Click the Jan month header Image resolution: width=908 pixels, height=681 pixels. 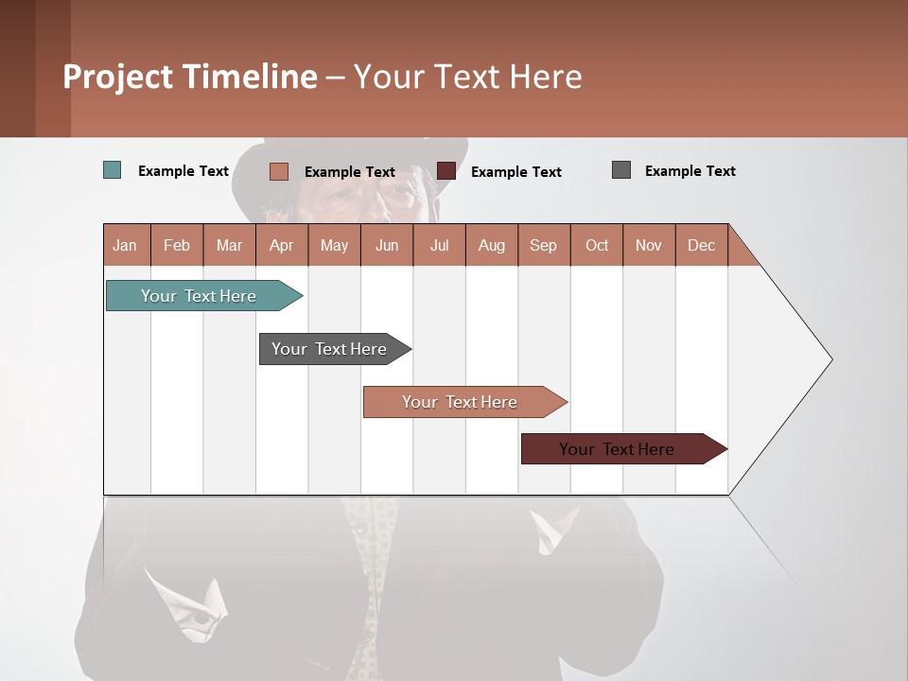[125, 245]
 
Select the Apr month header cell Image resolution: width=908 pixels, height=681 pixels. [281, 245]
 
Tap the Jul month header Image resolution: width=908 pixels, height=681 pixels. [439, 245]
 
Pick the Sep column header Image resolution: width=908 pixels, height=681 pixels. [543, 245]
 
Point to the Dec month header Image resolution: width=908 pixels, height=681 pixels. [701, 245]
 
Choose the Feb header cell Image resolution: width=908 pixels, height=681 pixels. [177, 245]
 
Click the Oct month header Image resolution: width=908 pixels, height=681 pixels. [597, 245]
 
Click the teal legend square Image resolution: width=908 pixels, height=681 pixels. [113, 170]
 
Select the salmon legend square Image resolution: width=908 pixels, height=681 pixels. [279, 171]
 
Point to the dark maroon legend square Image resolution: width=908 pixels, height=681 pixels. [446, 171]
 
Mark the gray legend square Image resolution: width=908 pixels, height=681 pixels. [621, 170]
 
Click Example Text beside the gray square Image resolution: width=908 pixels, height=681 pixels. [690, 171]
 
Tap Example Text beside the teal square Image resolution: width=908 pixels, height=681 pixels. [183, 171]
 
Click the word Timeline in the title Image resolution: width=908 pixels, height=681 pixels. [249, 77]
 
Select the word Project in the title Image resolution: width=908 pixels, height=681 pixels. [117, 77]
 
